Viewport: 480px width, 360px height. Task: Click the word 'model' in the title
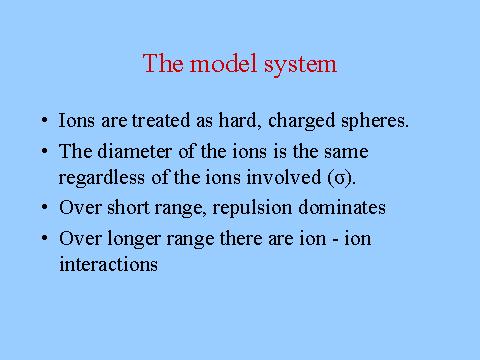pyautogui.click(x=223, y=63)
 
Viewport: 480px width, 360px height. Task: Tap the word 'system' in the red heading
pyautogui.click(x=300, y=65)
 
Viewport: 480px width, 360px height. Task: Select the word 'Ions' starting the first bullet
pyautogui.click(x=76, y=120)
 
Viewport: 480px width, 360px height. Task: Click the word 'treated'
pyautogui.click(x=161, y=120)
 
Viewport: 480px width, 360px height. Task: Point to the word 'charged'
pyautogui.click(x=301, y=121)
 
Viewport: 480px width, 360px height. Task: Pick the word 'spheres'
pyautogui.click(x=374, y=121)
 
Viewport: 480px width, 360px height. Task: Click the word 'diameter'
pyautogui.click(x=134, y=151)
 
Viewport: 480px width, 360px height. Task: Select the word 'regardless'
pyautogui.click(x=102, y=178)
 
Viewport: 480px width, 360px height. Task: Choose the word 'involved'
pyautogui.click(x=284, y=177)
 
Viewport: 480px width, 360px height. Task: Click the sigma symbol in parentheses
pyautogui.click(x=340, y=179)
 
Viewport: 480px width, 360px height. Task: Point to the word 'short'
pyautogui.click(x=128, y=207)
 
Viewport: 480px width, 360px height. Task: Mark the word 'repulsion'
pyautogui.click(x=252, y=208)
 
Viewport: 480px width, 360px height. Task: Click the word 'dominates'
pyautogui.click(x=342, y=207)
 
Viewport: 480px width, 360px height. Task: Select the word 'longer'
pyautogui.click(x=133, y=239)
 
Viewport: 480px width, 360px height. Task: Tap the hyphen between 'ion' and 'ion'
pyautogui.click(x=335, y=240)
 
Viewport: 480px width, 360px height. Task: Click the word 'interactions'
pyautogui.click(x=108, y=264)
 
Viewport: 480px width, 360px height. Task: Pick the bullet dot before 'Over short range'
pyautogui.click(x=45, y=207)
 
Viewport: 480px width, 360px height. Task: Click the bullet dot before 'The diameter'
pyautogui.click(x=45, y=151)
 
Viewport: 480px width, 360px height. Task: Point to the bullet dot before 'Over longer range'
pyautogui.click(x=45, y=238)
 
